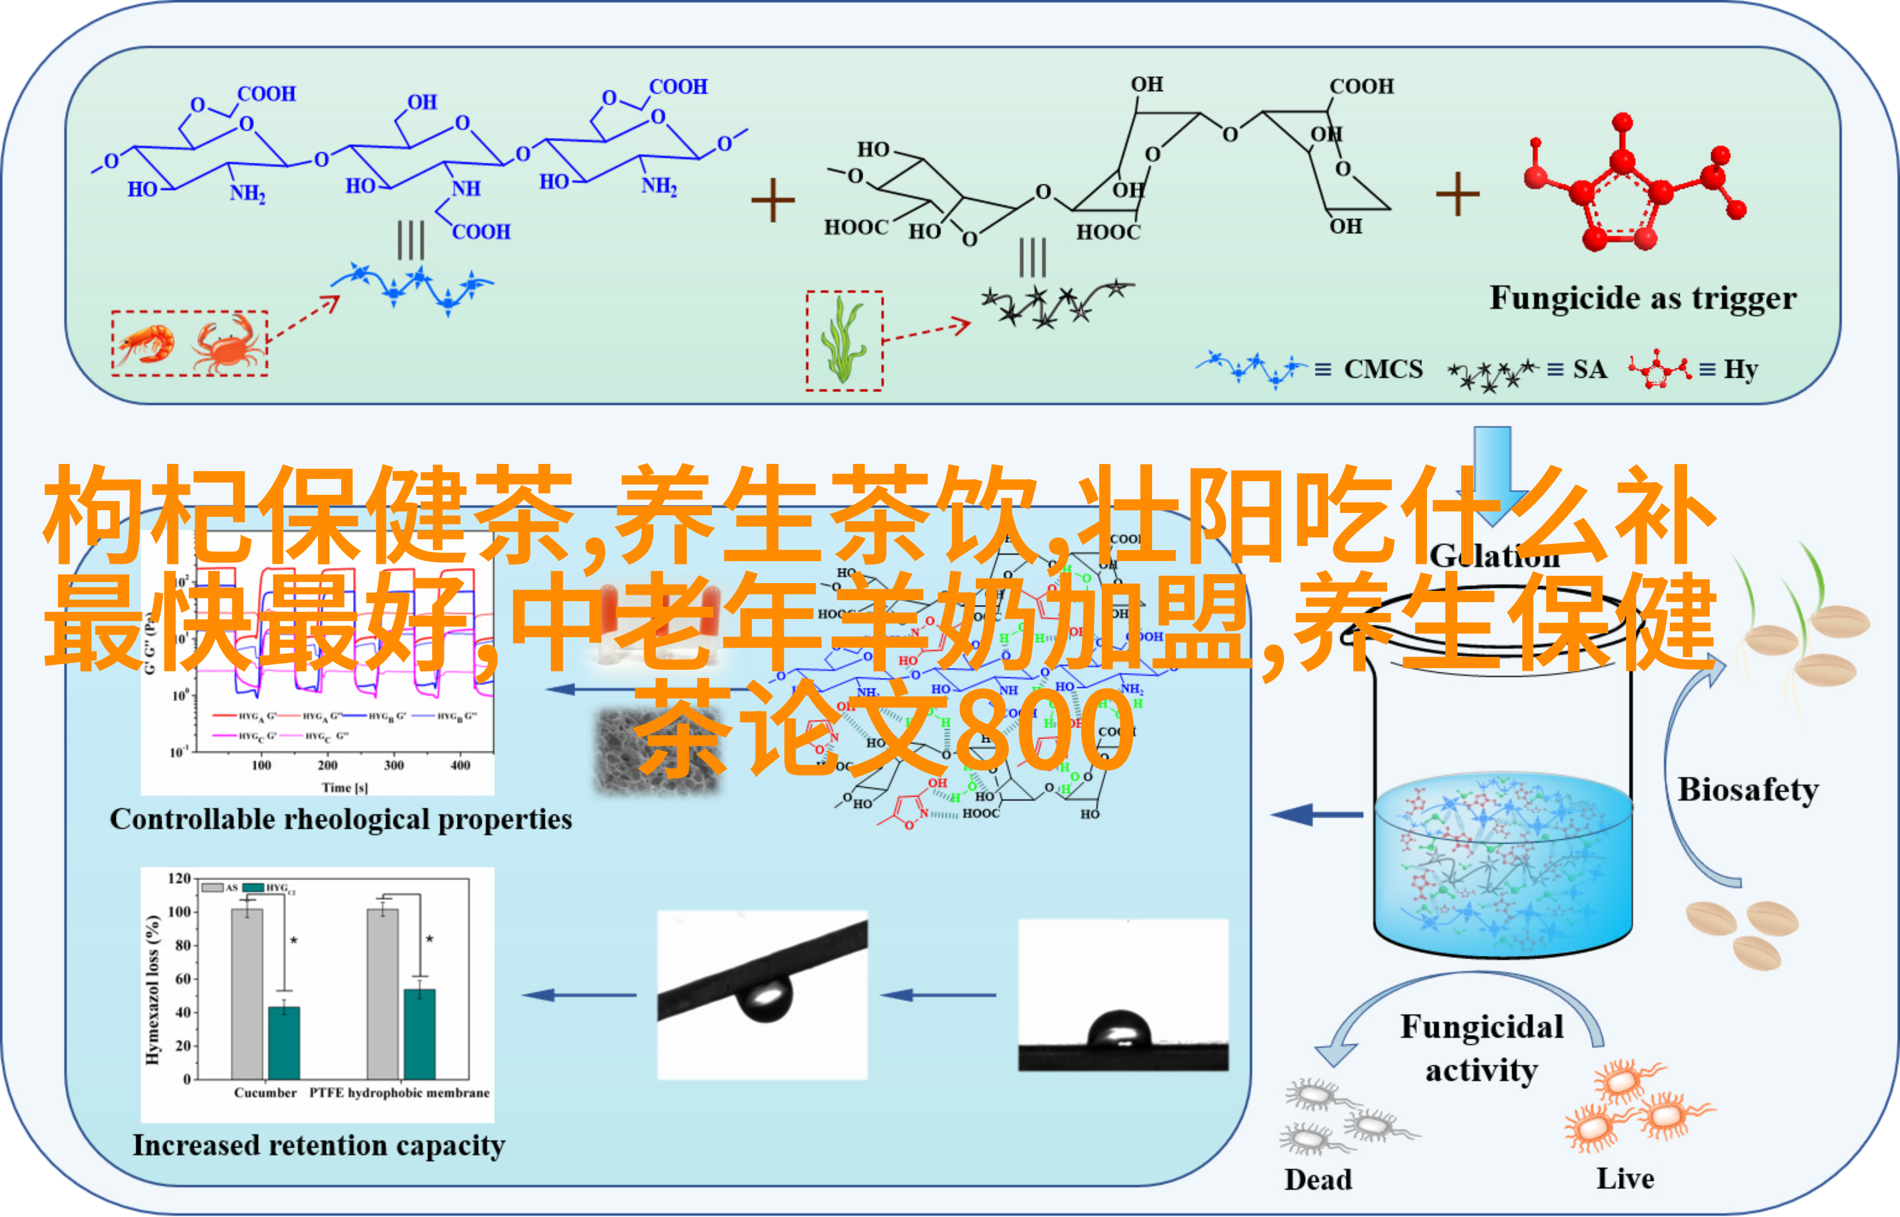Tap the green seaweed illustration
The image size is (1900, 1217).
(x=843, y=340)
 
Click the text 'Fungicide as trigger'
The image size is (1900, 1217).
(x=1642, y=298)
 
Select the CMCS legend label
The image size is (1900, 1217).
(x=1383, y=369)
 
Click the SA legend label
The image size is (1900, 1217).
(x=1589, y=369)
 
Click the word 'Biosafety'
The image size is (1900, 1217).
(x=1748, y=789)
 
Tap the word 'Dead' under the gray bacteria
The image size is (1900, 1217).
(x=1318, y=1179)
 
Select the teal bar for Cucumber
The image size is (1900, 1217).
(x=284, y=1043)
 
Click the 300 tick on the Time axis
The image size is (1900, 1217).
(x=394, y=765)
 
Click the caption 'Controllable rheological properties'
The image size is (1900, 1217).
(x=341, y=819)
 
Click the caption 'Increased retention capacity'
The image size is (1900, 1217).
(x=319, y=1145)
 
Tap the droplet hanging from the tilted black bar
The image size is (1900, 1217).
(x=764, y=998)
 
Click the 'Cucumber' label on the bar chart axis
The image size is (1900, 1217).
(x=265, y=1093)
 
